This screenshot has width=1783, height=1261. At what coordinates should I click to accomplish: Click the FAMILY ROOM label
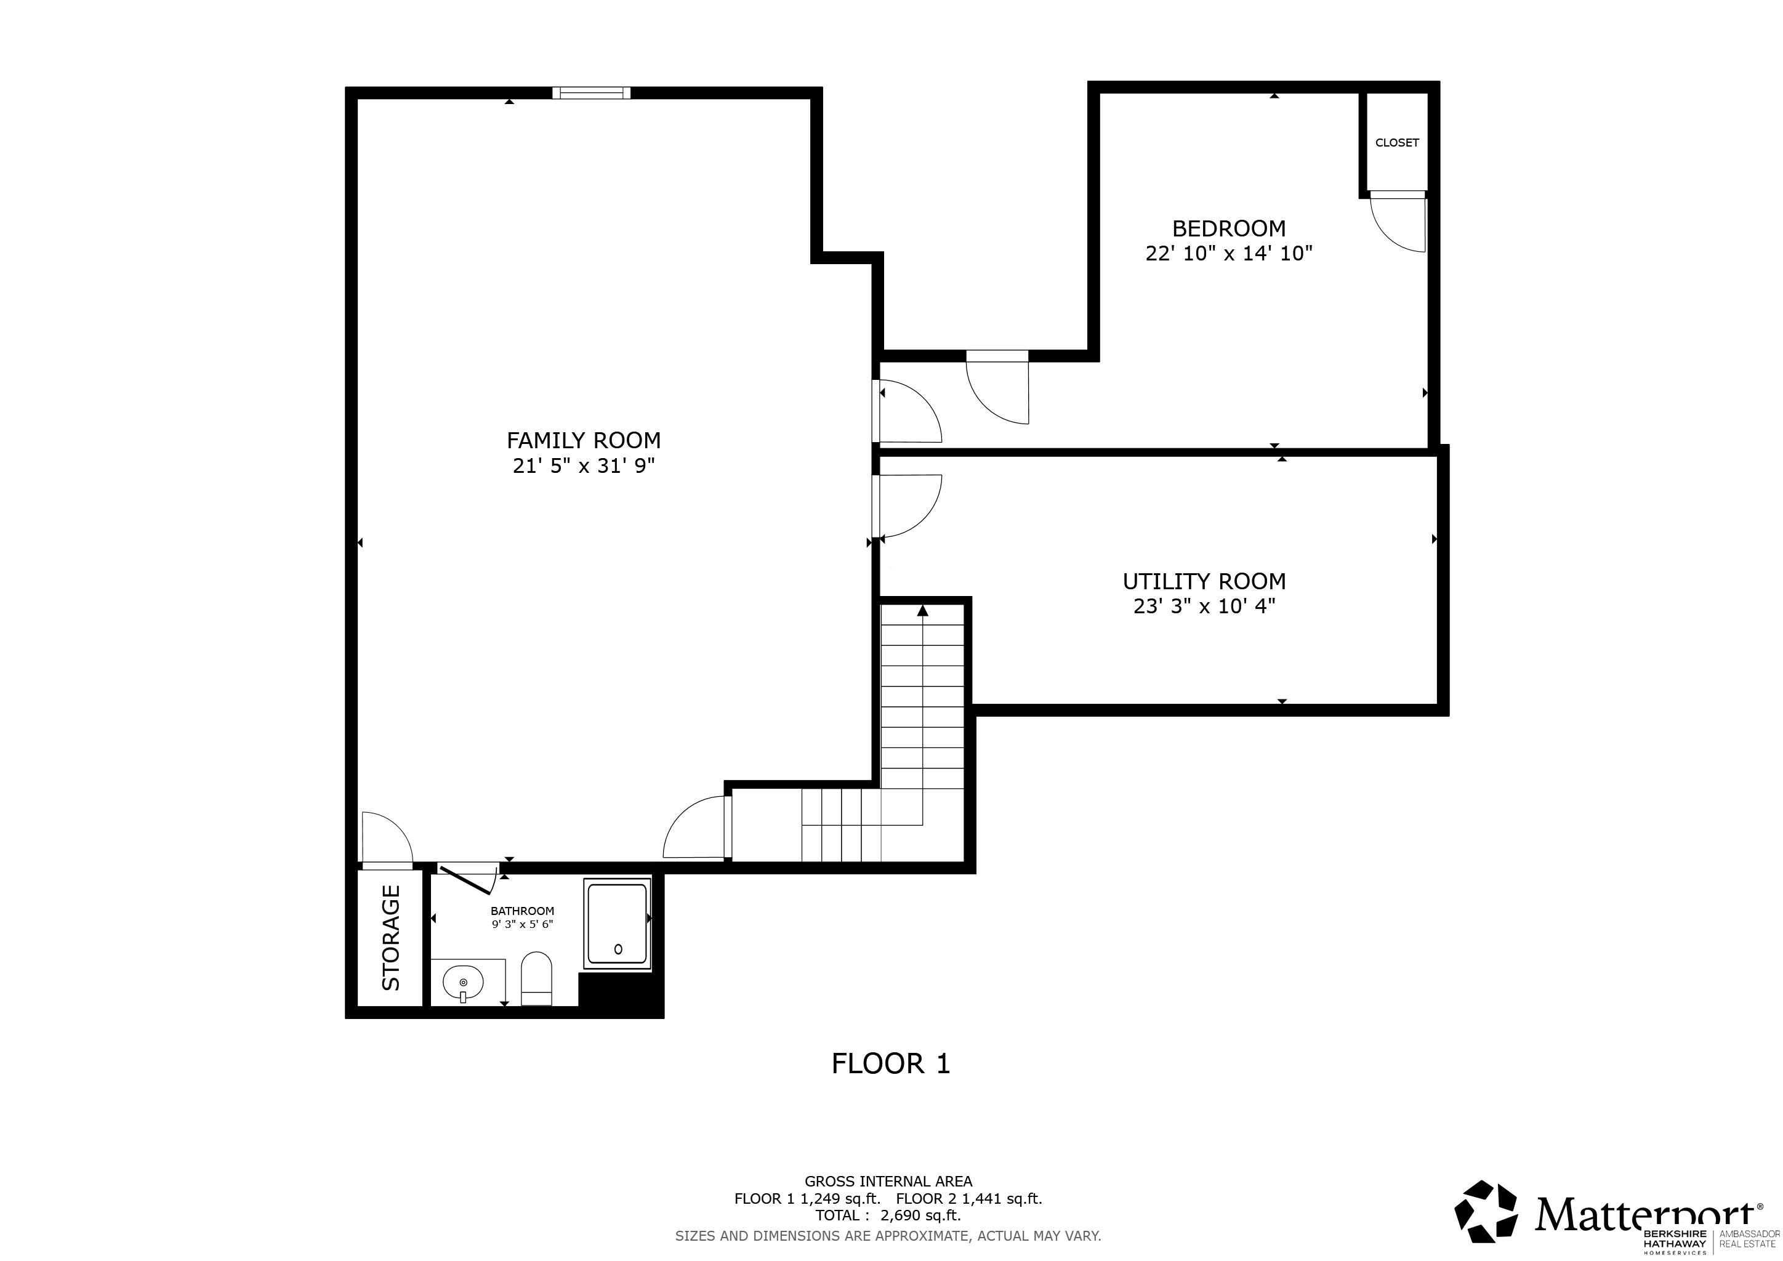point(584,440)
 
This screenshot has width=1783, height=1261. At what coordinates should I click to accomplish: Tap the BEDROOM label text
point(1228,228)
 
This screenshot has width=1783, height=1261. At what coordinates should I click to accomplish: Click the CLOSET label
point(1397,143)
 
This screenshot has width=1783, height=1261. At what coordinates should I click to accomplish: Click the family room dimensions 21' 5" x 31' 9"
point(584,466)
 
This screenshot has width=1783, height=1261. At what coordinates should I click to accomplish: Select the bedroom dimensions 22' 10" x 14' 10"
point(1228,253)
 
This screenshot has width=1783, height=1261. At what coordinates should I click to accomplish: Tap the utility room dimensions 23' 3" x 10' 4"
point(1204,606)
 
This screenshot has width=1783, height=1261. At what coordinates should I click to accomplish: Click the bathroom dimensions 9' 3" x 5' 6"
point(523,924)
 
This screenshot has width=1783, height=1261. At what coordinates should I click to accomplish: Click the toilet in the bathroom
point(536,979)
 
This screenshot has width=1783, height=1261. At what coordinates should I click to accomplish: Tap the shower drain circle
point(618,949)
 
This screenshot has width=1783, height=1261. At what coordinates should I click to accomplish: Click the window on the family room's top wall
point(591,93)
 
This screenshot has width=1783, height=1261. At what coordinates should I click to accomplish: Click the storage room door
point(387,839)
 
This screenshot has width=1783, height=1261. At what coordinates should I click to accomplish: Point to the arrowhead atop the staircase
point(922,610)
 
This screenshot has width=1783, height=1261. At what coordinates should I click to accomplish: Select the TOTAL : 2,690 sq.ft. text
point(888,1215)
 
